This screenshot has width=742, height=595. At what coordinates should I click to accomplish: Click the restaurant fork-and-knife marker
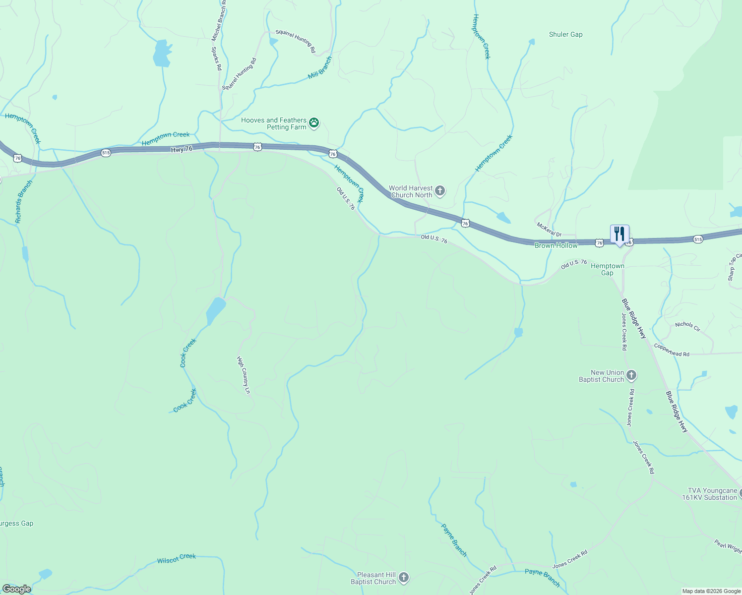(x=619, y=234)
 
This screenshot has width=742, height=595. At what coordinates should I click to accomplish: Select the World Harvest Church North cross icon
(x=439, y=191)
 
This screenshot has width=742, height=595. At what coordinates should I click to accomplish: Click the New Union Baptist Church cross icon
(x=631, y=375)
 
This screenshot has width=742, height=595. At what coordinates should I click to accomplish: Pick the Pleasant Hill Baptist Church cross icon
(x=404, y=578)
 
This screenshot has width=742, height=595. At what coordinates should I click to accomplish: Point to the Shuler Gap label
(x=565, y=34)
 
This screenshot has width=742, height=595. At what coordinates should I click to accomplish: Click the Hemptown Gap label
(x=607, y=269)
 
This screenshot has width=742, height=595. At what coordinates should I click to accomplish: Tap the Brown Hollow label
(x=556, y=245)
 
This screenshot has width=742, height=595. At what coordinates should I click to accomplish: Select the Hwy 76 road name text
(x=181, y=149)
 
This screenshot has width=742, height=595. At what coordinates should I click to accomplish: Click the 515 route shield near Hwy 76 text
(x=106, y=153)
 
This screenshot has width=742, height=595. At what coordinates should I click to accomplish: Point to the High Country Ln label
(x=244, y=375)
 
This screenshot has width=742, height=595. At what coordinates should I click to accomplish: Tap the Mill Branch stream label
(x=320, y=68)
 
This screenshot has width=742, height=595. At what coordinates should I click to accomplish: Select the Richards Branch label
(x=24, y=201)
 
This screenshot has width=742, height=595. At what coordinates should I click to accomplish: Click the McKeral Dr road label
(x=549, y=230)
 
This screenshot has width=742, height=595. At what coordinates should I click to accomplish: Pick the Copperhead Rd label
(x=672, y=350)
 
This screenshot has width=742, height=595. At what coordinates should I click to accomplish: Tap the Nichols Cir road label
(x=687, y=326)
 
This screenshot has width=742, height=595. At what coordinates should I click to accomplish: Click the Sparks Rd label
(x=216, y=59)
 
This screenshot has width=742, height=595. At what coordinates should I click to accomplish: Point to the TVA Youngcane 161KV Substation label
(x=709, y=494)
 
